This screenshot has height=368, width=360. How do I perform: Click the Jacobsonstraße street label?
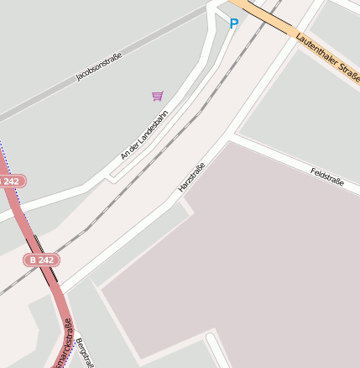coord(99,66)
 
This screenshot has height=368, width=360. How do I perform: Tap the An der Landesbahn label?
coord(143,134)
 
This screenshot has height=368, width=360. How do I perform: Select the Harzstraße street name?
coord(191,177)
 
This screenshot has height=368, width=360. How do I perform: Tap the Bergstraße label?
coord(83,353)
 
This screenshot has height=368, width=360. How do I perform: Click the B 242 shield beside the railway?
coord(43,260)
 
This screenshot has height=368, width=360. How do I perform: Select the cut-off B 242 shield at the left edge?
coord(10,181)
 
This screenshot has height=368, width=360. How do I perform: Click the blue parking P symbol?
coord(233,24)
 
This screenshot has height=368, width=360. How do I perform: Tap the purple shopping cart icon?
coord(157,96)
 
